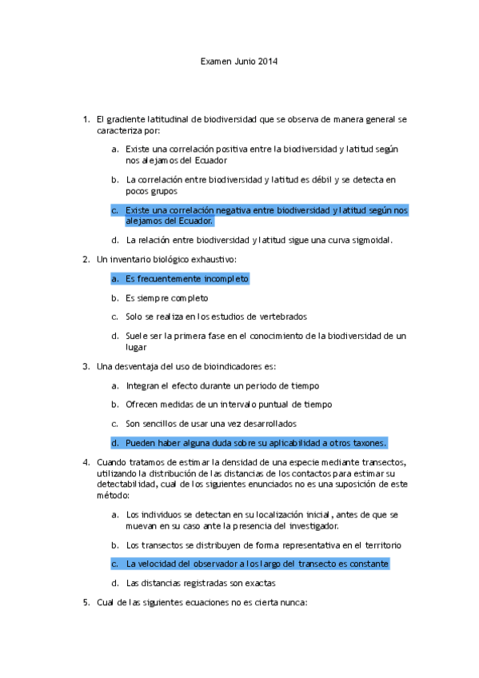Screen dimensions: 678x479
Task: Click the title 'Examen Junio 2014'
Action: pos(238,62)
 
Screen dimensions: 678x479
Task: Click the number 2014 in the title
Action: pos(267,62)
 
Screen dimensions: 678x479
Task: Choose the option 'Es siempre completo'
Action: pos(166,297)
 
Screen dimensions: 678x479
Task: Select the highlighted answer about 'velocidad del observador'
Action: pos(257,564)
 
